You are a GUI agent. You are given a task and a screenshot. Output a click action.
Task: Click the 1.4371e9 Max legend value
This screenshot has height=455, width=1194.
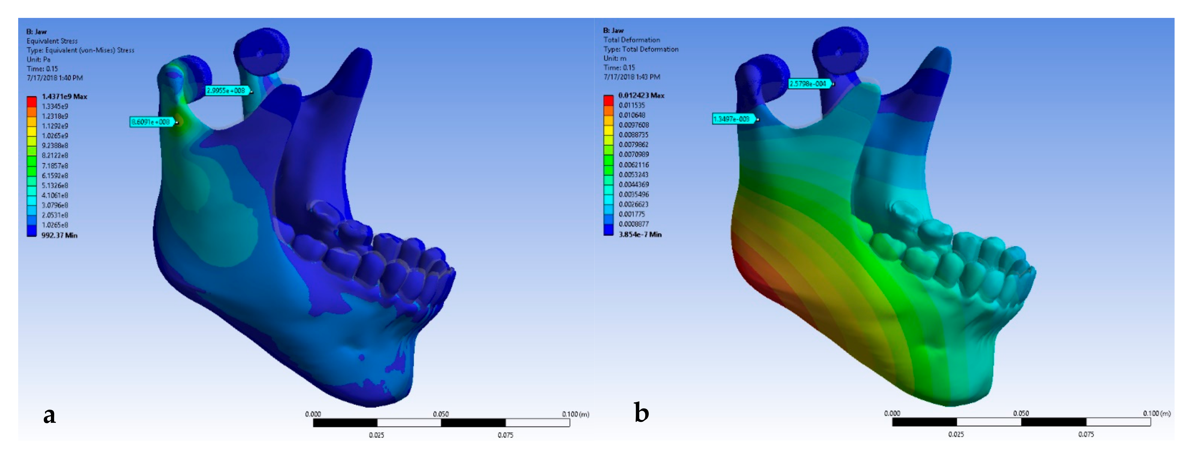64,96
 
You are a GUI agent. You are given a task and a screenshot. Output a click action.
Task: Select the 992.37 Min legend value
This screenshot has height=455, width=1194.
59,235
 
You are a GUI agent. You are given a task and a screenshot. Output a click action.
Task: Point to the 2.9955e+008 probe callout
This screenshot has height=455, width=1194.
227,90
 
